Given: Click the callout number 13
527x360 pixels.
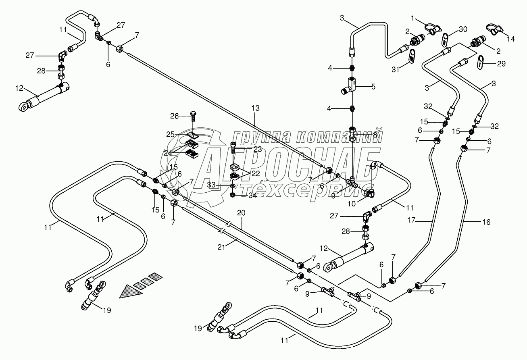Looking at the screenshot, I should (255, 109).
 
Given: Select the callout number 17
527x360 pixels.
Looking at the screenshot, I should (422, 221).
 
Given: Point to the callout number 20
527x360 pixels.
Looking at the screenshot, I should (241, 212).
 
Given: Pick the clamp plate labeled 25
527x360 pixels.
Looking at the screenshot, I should (193, 135).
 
